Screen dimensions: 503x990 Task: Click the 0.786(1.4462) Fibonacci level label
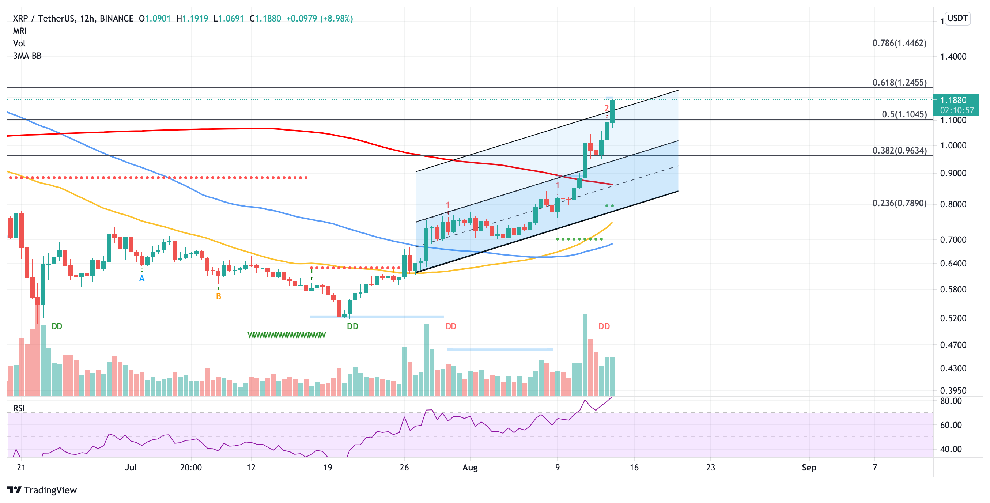pyautogui.click(x=899, y=43)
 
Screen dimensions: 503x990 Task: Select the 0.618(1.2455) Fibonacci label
pyautogui.click(x=899, y=83)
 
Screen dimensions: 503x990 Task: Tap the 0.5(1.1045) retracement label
pyautogui.click(x=904, y=114)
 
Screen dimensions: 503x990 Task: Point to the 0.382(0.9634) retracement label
pyautogui.click(x=899, y=151)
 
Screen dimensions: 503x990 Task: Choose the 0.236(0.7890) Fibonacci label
pyautogui.click(x=899, y=203)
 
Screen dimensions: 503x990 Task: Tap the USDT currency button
pyautogui.click(x=957, y=18)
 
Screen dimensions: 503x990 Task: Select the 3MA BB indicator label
pyautogui.click(x=27, y=56)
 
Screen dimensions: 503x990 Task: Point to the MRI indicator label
pyautogui.click(x=20, y=31)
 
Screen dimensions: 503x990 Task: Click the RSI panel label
pyautogui.click(x=19, y=408)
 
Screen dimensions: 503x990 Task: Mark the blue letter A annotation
pyautogui.click(x=142, y=279)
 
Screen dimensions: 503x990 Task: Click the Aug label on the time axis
pyautogui.click(x=470, y=468)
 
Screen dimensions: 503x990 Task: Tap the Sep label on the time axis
pyautogui.click(x=809, y=468)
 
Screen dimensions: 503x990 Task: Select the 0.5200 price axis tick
pyautogui.click(x=953, y=318)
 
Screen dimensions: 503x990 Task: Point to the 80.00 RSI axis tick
pyautogui.click(x=951, y=401)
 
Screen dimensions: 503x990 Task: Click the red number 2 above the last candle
pyautogui.click(x=606, y=108)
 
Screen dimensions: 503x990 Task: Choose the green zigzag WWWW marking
pyautogui.click(x=286, y=335)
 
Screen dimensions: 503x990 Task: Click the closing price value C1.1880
pyautogui.click(x=265, y=18)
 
